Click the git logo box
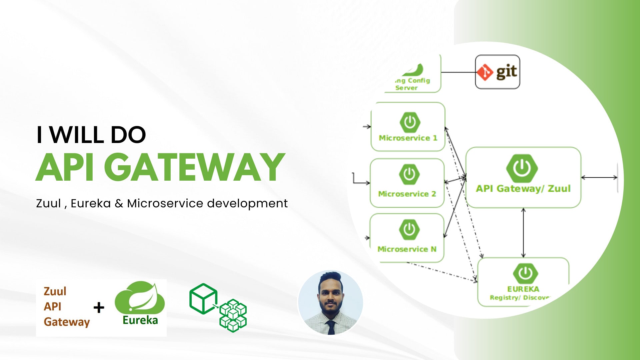(497, 72)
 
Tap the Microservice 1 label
(408, 138)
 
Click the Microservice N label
(407, 249)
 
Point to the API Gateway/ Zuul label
(523, 189)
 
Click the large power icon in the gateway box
(522, 168)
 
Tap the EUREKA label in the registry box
(523, 289)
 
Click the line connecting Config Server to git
(458, 72)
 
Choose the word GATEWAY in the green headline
(197, 167)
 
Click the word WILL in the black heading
(78, 135)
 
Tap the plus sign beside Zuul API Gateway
(99, 307)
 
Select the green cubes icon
(218, 307)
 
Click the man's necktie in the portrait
(331, 327)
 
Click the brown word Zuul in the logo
(55, 291)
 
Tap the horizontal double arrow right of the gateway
(599, 178)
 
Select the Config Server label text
(412, 84)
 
